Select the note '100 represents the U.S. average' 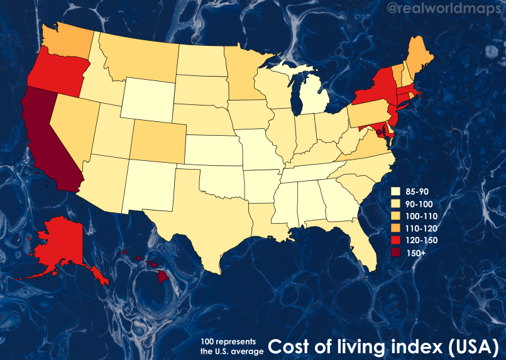(231, 347)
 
